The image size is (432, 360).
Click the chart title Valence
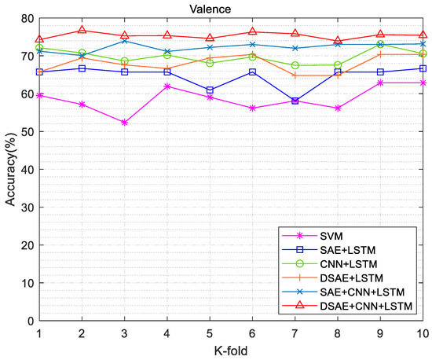click(x=232, y=9)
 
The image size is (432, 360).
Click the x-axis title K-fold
click(x=232, y=350)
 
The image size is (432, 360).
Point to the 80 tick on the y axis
click(x=27, y=19)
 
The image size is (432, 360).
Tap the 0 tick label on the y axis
click(x=30, y=321)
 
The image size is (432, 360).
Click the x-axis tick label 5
click(x=210, y=332)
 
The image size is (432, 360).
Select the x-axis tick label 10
click(x=422, y=332)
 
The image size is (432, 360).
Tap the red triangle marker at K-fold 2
click(x=82, y=31)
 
